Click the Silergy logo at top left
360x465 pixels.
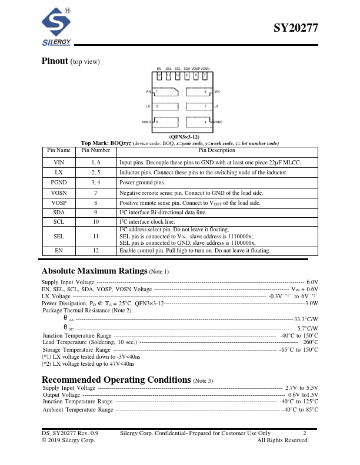56,28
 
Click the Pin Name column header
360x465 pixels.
59,151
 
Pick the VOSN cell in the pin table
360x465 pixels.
59,193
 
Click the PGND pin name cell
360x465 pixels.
59,183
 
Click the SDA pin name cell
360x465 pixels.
59,212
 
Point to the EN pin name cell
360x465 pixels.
59,251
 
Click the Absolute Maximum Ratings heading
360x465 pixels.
94,271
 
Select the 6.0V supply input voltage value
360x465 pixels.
312,282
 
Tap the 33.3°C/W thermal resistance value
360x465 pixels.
306,319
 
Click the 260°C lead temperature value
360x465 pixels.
311,342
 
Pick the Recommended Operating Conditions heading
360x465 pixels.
116,379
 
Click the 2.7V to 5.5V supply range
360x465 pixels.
301,388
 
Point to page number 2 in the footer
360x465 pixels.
305,433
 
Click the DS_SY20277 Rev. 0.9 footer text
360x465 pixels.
70,433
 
